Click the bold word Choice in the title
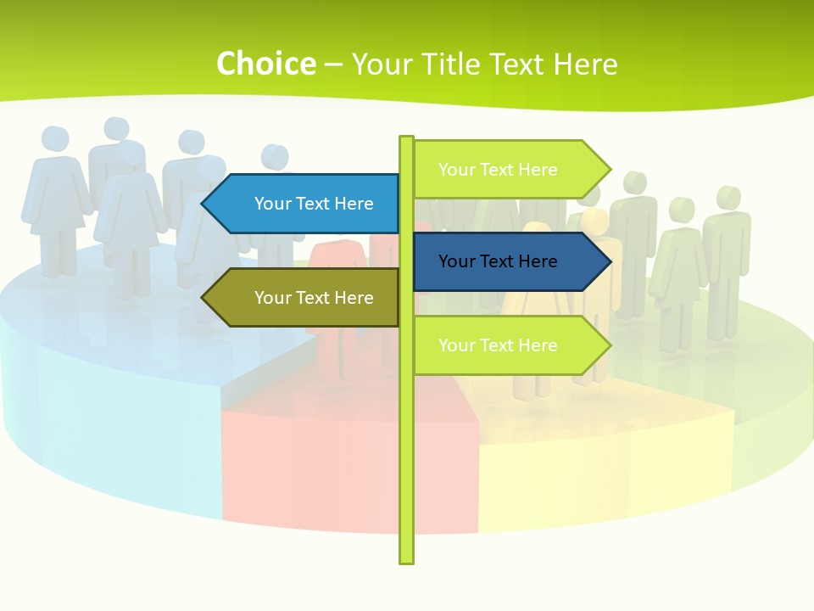click(x=265, y=64)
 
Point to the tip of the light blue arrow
click(x=204, y=204)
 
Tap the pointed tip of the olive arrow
click(x=204, y=298)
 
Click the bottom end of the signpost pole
click(x=406, y=559)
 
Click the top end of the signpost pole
click(x=406, y=139)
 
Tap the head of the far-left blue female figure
click(x=54, y=139)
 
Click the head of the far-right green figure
click(x=726, y=198)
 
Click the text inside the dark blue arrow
click(x=498, y=261)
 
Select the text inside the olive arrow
click(x=314, y=298)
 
